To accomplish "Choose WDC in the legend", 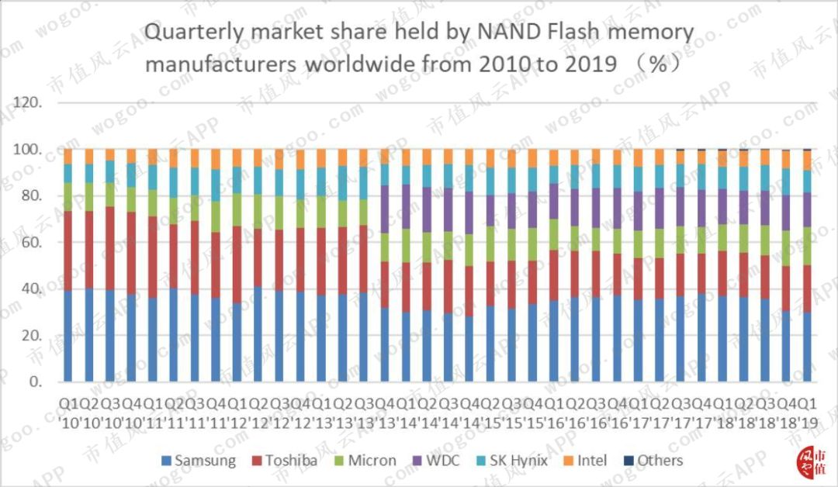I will click(x=440, y=461).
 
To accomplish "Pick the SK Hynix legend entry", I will click(x=511, y=461).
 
